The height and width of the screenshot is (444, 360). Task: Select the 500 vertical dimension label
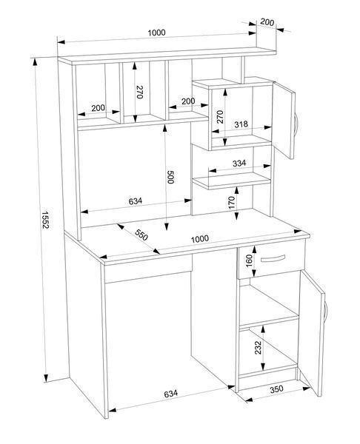tap(170, 178)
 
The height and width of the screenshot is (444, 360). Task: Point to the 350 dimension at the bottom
tap(276, 389)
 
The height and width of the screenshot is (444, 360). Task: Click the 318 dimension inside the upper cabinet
tap(241, 124)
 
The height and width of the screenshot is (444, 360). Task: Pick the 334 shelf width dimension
tap(239, 164)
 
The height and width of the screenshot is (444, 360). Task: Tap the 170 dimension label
tap(232, 203)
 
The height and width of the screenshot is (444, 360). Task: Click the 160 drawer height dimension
tap(249, 260)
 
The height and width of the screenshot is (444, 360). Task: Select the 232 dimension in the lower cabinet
tap(258, 348)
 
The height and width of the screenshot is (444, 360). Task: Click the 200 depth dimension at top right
tap(267, 21)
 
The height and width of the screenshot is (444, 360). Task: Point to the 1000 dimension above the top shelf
tap(156, 33)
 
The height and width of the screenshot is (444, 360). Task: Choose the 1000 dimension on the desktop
tap(200, 239)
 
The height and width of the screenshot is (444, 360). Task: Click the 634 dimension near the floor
tap(170, 394)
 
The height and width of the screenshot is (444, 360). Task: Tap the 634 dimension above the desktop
tap(136, 201)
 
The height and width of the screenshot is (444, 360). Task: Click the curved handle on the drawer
tap(273, 259)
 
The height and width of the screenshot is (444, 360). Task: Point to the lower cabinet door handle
tap(326, 312)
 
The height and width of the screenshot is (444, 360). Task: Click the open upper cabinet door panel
tap(284, 121)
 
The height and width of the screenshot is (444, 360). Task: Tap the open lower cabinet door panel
tap(311, 333)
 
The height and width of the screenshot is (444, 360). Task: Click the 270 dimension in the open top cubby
tap(139, 92)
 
